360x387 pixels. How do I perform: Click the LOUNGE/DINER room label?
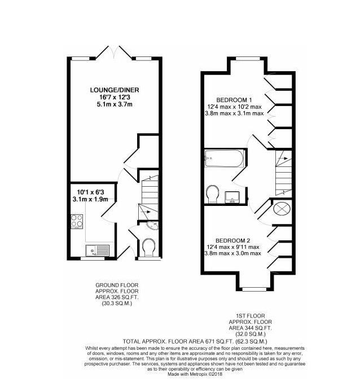115,90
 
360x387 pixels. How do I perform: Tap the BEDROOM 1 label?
234,100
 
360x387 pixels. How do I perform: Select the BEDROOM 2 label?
233,240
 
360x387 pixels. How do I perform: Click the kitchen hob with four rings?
77,221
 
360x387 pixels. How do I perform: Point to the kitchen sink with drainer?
97,250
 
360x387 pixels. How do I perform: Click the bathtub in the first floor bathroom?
224,158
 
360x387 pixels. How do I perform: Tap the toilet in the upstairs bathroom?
213,194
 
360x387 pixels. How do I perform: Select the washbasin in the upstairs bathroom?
232,197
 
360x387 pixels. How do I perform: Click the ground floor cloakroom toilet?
149,247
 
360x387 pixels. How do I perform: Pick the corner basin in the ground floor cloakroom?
153,225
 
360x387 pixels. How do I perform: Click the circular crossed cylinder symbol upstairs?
282,209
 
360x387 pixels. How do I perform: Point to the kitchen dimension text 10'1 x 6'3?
92,192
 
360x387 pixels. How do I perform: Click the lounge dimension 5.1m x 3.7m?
115,104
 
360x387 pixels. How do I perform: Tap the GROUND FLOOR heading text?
117,285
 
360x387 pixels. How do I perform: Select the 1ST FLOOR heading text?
251,316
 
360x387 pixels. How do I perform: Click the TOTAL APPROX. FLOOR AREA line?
195,342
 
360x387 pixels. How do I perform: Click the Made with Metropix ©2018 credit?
195,375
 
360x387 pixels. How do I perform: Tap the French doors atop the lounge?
114,52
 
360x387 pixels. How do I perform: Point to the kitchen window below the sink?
93,258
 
